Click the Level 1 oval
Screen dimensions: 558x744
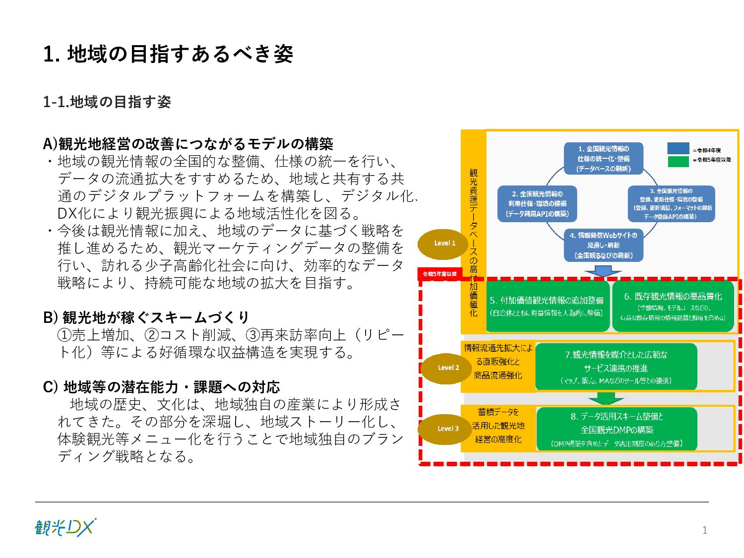pos(444,243)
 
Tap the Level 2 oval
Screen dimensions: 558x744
pos(447,368)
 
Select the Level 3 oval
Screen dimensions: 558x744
pos(445,429)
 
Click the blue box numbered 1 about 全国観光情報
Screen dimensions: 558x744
pos(604,159)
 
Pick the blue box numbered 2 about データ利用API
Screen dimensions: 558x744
pos(537,203)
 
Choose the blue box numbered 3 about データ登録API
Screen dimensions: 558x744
pos(671,203)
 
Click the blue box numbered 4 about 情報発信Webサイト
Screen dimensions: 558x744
pos(604,245)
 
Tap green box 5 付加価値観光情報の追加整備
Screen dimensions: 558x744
pos(547,306)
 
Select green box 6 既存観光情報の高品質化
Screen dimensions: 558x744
pos(673,306)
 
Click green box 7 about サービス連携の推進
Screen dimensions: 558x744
pos(616,367)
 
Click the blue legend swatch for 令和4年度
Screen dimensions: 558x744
pos(678,149)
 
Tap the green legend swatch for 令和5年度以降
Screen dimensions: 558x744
pos(678,161)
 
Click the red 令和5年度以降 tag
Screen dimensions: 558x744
pos(440,274)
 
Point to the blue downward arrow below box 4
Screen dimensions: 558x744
pos(603,271)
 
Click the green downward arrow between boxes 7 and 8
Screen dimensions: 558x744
pos(605,398)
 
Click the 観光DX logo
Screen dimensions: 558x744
pos(65,527)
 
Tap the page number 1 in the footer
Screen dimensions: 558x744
pos(704,530)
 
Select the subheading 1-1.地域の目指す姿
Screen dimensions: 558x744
pos(107,102)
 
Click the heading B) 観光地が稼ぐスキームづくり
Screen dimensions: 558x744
pos(146,317)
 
